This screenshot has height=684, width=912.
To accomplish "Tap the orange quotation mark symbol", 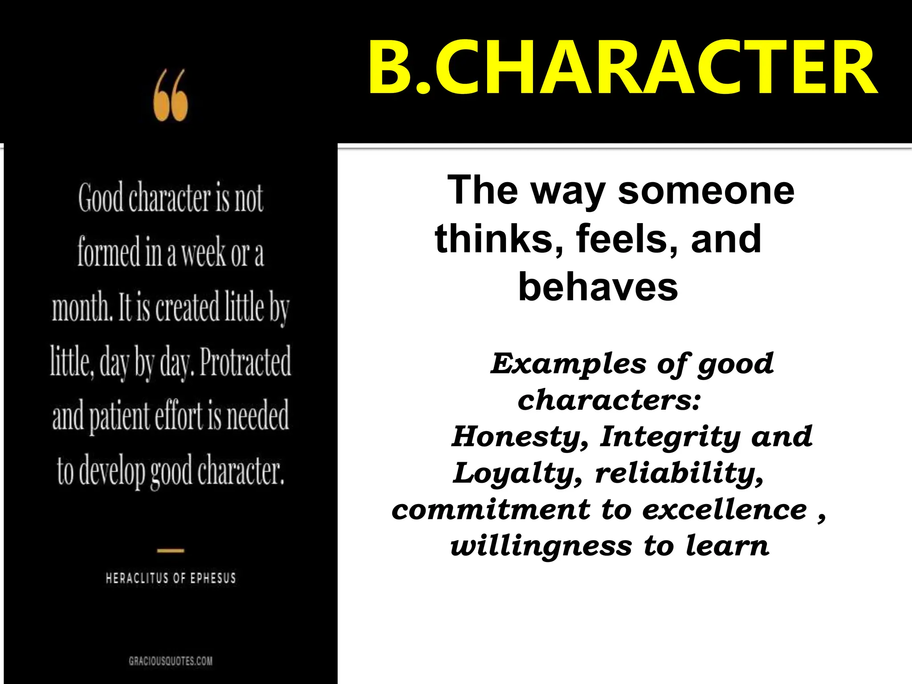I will [171, 95].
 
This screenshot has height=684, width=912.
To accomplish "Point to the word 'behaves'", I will [598, 287].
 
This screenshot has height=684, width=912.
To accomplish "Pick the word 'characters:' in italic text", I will [609, 400].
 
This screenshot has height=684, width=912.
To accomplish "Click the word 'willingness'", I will [541, 546].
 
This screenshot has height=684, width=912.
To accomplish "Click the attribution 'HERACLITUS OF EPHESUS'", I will [171, 578].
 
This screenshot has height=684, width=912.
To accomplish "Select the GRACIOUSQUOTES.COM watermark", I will [171, 661].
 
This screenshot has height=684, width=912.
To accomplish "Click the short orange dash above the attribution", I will [171, 551].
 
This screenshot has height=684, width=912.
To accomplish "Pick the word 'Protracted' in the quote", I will [245, 362].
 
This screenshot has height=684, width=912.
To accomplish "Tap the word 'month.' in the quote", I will [82, 307].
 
